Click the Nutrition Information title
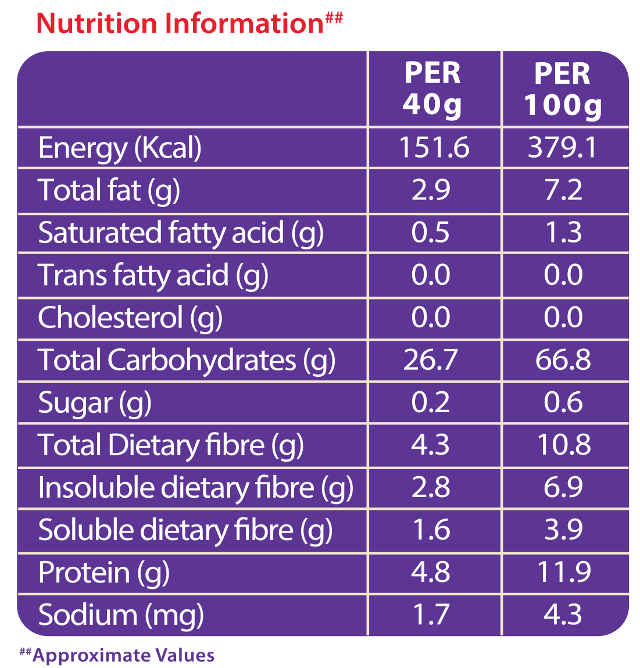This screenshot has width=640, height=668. click(x=189, y=23)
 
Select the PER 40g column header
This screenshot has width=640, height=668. click(x=432, y=88)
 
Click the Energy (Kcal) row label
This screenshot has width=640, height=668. click(x=120, y=148)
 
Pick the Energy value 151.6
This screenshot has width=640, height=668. click(x=434, y=148)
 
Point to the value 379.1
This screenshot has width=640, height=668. click(x=563, y=148)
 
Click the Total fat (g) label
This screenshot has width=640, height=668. click(x=109, y=191)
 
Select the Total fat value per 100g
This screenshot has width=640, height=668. click(x=563, y=190)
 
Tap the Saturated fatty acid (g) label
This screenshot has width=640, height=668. click(x=181, y=233)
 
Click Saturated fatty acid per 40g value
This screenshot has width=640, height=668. click(x=430, y=233)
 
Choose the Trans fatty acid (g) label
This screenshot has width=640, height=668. click(x=153, y=275)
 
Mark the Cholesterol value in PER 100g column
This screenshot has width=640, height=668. click(x=563, y=317)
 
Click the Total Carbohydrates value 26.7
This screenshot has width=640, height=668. click(x=430, y=360)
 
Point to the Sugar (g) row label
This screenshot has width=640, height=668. click(x=95, y=403)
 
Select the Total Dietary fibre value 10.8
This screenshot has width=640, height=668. click(x=564, y=445)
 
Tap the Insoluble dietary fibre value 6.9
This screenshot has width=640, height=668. click(x=563, y=487)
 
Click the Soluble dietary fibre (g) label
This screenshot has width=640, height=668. click(x=185, y=530)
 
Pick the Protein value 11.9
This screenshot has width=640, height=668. click(x=564, y=571)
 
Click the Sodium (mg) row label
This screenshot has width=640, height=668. click(x=121, y=615)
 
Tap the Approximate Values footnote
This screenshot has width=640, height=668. click(x=117, y=655)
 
